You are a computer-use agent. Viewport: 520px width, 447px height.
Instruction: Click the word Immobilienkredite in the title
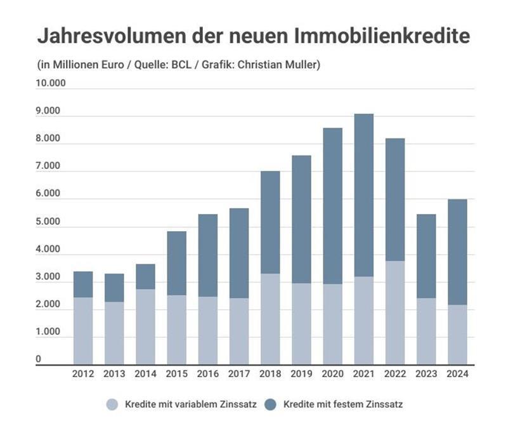tap(382, 36)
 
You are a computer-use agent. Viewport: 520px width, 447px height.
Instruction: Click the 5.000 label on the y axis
tap(48, 222)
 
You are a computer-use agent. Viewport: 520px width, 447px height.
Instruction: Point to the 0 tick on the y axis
tap(39, 359)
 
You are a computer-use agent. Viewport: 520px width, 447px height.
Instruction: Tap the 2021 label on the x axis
tap(363, 374)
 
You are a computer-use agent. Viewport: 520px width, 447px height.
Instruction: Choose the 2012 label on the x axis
tap(83, 374)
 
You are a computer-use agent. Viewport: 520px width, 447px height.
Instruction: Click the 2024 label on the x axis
tap(457, 374)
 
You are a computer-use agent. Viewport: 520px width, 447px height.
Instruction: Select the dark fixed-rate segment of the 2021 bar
tap(363, 195)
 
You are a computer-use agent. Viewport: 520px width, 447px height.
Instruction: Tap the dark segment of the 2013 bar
tap(114, 288)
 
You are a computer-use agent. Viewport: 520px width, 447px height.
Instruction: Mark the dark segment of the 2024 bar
tap(457, 252)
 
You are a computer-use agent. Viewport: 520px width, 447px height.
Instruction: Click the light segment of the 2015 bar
tap(177, 330)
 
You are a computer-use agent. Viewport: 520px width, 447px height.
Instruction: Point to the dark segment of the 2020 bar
tap(332, 206)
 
